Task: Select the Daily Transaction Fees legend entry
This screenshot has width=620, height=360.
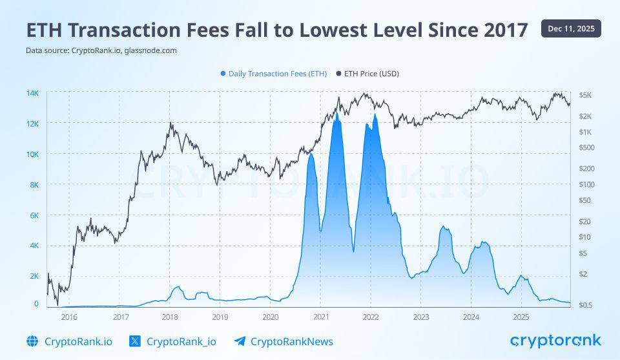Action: pos(273,74)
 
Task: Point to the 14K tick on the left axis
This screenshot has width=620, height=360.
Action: pos(32,94)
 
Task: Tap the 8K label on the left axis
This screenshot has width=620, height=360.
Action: pos(34,185)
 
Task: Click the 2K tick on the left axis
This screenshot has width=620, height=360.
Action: pos(34,276)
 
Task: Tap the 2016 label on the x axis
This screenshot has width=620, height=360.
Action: pos(69,317)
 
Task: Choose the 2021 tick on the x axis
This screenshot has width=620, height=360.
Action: pos(321,317)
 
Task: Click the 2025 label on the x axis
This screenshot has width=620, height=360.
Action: pos(521,317)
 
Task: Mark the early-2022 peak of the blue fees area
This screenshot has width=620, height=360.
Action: pos(375,115)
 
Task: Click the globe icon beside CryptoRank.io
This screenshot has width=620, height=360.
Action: pos(32,341)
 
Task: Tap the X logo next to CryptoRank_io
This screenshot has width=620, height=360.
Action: pos(135,341)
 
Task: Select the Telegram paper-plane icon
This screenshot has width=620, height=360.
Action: pos(240,341)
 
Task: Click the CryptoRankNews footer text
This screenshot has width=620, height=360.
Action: pos(291,341)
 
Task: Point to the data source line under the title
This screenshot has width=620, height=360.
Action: pos(101,50)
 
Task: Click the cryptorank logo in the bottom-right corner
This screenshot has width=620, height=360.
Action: pos(555,341)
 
